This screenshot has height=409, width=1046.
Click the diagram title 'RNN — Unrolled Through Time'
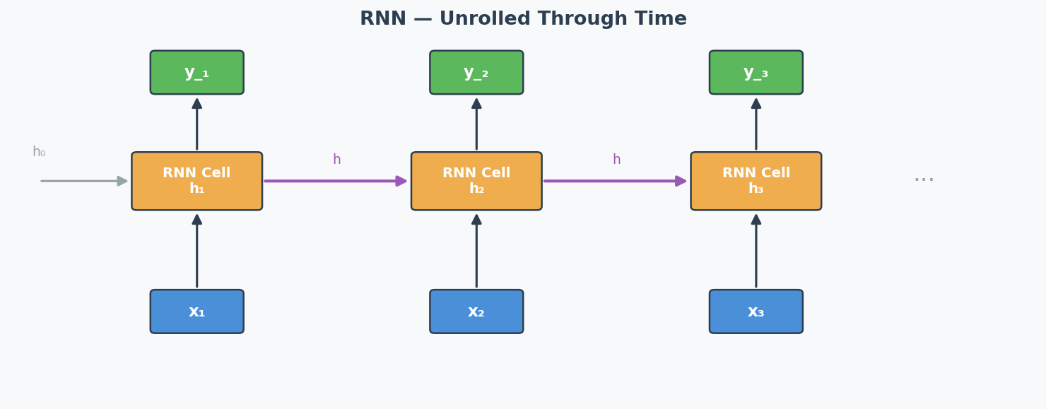pos(523,19)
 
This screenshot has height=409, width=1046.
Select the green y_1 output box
pos(196,72)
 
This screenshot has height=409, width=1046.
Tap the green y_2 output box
pos(476,72)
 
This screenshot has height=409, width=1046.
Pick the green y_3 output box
pos(756,72)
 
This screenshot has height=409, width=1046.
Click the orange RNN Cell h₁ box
pos(196,181)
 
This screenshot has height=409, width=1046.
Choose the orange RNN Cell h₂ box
pos(476,181)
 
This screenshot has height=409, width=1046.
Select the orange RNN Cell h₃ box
pos(756,181)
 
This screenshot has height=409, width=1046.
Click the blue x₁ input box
pos(196,312)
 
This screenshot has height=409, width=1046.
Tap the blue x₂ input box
pos(476,312)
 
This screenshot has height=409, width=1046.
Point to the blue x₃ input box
pos(756,312)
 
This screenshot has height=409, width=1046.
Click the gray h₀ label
pos(39,152)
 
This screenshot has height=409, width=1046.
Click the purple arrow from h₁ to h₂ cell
pos(336,181)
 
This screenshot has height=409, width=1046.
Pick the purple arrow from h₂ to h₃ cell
pos(616,181)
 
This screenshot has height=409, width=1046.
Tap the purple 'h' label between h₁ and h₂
pos(336,160)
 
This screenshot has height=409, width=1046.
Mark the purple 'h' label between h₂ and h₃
pos(616,160)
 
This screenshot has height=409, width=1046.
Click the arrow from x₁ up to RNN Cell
pos(196,251)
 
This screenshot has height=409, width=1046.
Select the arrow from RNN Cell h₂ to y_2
pos(476,124)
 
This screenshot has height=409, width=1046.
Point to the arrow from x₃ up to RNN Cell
pos(756,251)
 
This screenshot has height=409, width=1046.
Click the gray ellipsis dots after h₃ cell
pos(924,179)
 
